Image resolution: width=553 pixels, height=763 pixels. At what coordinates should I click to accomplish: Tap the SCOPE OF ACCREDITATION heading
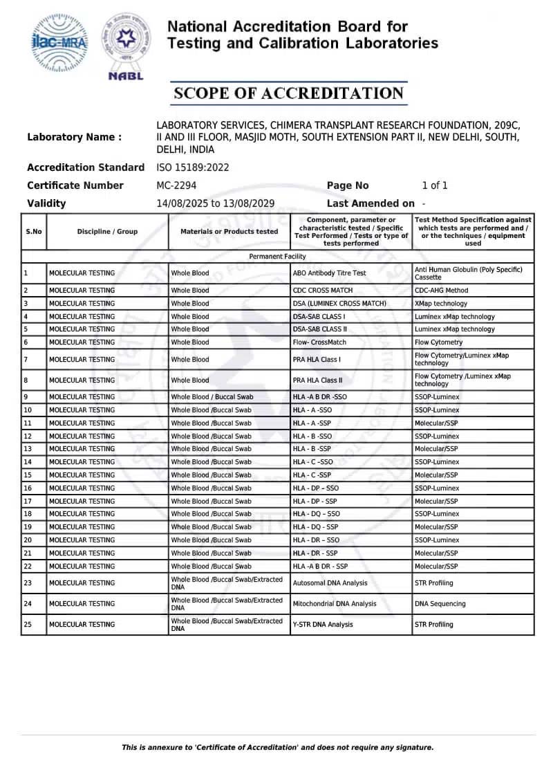[288, 93]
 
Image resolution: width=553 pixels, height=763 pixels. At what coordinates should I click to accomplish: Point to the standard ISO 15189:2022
[193, 167]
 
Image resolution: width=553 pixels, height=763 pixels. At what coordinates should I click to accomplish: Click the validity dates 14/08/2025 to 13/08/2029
[216, 203]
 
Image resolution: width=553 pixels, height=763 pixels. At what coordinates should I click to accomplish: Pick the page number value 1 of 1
[435, 185]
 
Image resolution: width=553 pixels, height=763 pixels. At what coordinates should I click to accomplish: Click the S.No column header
[34, 232]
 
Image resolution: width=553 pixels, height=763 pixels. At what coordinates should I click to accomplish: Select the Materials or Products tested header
[229, 232]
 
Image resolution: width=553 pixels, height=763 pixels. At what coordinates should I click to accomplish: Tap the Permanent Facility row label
[277, 257]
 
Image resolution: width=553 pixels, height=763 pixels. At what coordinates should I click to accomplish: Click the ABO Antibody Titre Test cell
[330, 273]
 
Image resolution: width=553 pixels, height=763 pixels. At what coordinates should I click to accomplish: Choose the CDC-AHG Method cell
[441, 291]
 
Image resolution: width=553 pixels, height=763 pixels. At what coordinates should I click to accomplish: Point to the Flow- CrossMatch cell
[319, 342]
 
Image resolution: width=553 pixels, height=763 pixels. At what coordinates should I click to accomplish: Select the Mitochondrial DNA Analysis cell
[335, 604]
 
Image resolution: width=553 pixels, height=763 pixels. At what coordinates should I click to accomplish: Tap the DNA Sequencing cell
[440, 604]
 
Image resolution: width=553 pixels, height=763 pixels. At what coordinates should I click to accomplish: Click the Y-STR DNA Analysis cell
[323, 625]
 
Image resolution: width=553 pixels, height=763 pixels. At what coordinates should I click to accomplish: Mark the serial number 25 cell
[28, 625]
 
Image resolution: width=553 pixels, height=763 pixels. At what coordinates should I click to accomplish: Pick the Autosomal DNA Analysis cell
[330, 583]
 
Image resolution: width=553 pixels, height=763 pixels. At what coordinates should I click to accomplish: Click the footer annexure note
[277, 747]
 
